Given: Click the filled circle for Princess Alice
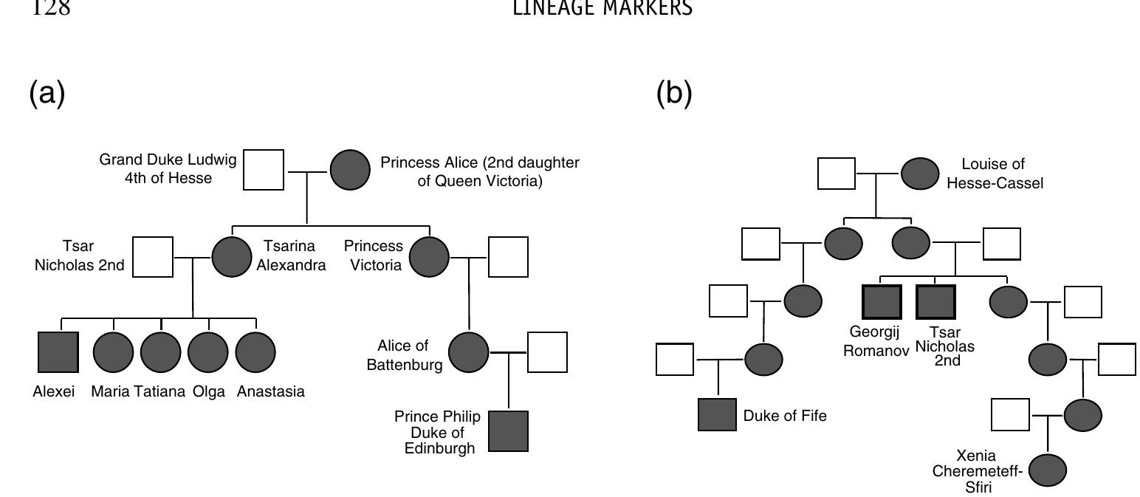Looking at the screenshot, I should click(349, 170).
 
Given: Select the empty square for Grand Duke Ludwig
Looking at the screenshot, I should click(264, 169).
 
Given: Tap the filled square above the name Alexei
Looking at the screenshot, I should click(58, 352).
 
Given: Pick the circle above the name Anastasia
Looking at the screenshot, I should click(255, 352).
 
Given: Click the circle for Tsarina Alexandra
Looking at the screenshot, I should click(232, 257).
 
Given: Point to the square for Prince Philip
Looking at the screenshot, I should click(507, 431).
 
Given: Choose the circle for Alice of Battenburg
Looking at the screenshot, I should click(469, 352).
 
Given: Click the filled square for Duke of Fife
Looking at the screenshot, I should click(717, 414).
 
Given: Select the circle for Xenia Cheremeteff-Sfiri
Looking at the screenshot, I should click(1047, 470).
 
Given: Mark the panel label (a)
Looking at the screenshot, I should click(47, 94).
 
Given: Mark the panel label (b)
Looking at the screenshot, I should click(674, 94).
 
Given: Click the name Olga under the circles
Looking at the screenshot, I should click(208, 392).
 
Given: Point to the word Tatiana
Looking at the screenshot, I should click(159, 392).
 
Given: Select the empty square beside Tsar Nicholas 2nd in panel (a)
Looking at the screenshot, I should click(154, 257).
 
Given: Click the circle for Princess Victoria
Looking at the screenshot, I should click(429, 257).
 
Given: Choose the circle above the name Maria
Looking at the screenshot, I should click(113, 352).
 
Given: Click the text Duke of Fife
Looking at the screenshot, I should click(785, 416).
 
